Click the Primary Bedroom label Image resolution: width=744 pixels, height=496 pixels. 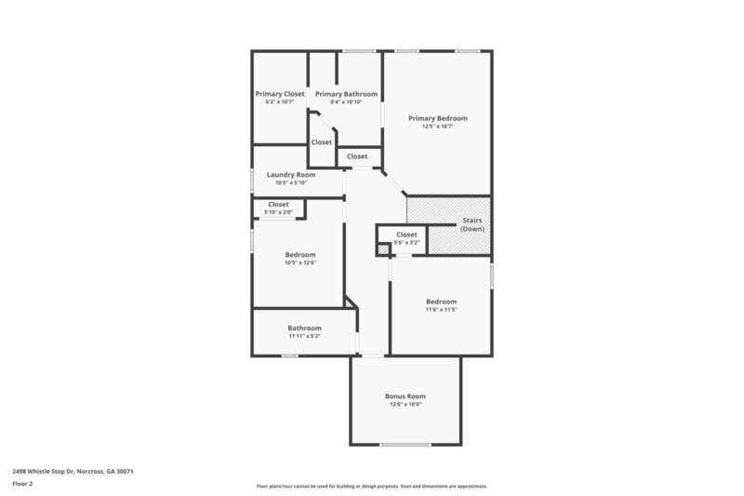coord(438,118)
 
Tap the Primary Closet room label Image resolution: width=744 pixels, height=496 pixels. coord(280,94)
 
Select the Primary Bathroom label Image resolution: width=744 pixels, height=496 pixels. coord(346,94)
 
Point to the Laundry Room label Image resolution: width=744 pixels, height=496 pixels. coord(291,174)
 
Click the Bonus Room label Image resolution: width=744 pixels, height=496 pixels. coord(405,396)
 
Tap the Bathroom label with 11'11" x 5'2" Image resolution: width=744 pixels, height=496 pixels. coord(304,328)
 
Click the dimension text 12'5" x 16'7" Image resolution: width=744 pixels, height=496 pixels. coord(438,127)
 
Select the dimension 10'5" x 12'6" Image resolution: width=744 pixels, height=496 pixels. coord(300,262)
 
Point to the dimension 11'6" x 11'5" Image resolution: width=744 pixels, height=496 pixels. coord(441,309)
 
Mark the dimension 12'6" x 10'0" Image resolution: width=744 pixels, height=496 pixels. coord(405,405)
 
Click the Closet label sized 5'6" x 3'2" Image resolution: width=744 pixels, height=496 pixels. coord(407,235)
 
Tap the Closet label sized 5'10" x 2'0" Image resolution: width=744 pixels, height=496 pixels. coord(278,204)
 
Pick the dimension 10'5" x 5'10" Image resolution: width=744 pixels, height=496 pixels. coord(291,182)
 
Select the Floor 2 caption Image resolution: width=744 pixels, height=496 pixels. coord(22,484)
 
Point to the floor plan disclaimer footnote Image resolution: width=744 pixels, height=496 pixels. coord(371,486)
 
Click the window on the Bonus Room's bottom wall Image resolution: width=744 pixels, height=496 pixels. coord(405,444)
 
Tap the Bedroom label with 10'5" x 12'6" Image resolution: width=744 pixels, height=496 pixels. coord(300,254)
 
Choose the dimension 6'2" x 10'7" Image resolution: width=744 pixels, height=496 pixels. coord(280,102)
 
